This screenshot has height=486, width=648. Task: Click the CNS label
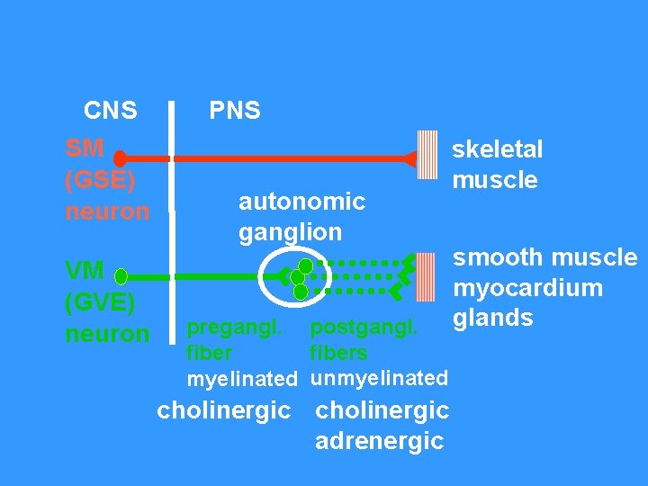[x=110, y=111]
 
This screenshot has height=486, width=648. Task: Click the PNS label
[x=235, y=111]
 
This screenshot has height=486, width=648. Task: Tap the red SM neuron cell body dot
[x=120, y=159]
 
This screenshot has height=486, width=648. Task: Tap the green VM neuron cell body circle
[x=121, y=275]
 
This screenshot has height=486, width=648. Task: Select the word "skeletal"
[x=498, y=149]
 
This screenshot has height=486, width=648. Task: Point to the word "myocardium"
[x=527, y=289]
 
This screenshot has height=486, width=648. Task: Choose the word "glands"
[x=492, y=319]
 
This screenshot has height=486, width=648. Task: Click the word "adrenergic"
[x=379, y=441]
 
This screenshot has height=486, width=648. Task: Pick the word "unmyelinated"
[x=379, y=378]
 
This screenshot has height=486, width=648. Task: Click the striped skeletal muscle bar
[x=427, y=159]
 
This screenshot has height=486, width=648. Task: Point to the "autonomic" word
[x=301, y=202]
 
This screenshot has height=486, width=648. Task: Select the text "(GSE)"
[x=101, y=180]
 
